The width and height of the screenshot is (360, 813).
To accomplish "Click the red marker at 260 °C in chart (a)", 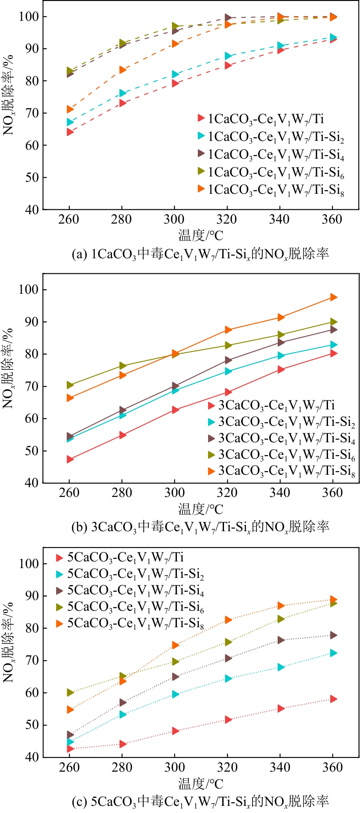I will pos(70,132).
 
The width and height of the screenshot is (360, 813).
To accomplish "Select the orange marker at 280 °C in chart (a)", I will pos(123,69).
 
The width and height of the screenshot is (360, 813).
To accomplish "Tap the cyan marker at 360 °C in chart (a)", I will pos(333,37).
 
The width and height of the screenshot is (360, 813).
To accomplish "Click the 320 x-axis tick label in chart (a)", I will pos(227,219).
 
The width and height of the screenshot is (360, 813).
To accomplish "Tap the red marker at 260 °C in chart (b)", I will pos(70,459).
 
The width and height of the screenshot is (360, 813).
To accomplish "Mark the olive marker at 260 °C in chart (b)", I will pos(70,384).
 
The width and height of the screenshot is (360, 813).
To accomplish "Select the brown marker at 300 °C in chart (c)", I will pos(175,677).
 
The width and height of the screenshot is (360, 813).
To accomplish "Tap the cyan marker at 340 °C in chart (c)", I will pos(280,667).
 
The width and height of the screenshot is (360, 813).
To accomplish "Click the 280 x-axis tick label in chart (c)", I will pos(122,767).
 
